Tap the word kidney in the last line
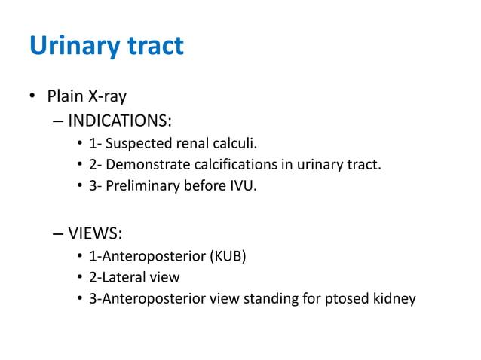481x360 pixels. tap(394, 298)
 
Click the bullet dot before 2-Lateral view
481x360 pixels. tap(80, 277)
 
